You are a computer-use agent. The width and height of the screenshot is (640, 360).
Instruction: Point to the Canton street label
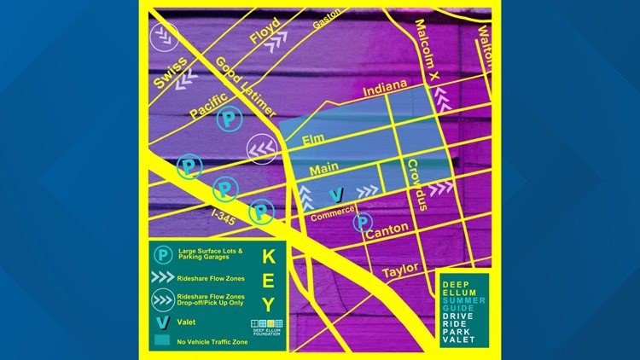coord(387,229)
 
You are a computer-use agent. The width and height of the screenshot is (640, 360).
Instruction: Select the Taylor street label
coord(400,270)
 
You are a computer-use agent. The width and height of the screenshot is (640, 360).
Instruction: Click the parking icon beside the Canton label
coord(362,223)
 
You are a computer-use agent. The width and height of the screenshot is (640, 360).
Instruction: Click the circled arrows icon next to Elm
coord(261,148)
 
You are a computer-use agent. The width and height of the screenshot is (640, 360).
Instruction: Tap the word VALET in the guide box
coord(459,340)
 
